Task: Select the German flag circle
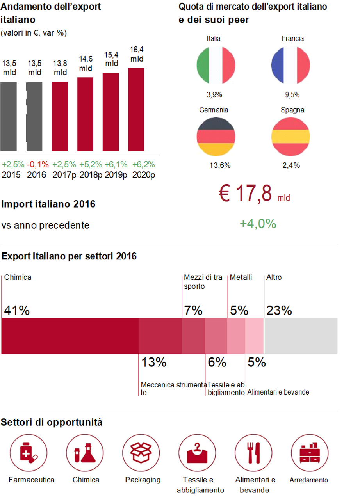pyautogui.click(x=216, y=136)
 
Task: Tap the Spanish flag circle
pyautogui.click(x=290, y=136)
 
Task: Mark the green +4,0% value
pyautogui.click(x=258, y=224)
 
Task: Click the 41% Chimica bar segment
pyautogui.click(x=70, y=336)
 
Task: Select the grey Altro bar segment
pyautogui.click(x=301, y=336)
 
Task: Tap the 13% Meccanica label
pyautogui.click(x=154, y=363)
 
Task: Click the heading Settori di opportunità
pyautogui.click(x=52, y=422)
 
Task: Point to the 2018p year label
pyautogui.click(x=91, y=175)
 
